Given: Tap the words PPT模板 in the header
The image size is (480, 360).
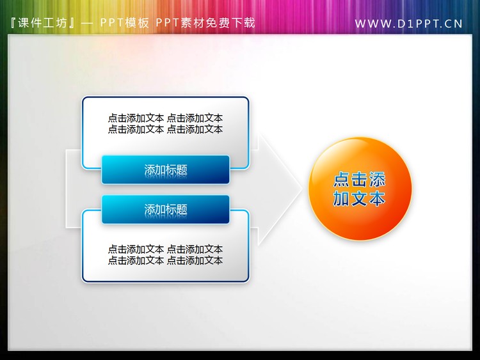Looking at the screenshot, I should pyautogui.click(x=125, y=23).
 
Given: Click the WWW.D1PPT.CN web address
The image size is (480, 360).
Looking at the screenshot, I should pyautogui.click(x=408, y=24).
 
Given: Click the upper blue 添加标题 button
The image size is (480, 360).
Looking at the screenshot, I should pyautogui.click(x=166, y=170).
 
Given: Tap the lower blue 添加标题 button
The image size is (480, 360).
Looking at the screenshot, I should pyautogui.click(x=166, y=209).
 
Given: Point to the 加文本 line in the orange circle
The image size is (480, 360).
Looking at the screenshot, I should pyautogui.click(x=360, y=198).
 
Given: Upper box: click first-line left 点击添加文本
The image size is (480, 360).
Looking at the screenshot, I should pyautogui.click(x=136, y=118).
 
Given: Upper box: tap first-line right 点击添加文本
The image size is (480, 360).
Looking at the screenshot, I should pyautogui.click(x=195, y=118).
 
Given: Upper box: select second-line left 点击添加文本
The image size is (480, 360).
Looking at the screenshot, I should pyautogui.click(x=136, y=129).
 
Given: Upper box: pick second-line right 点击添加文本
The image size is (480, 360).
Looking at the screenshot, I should pyautogui.click(x=195, y=129).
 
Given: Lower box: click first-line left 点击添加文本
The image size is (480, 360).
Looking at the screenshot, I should pyautogui.click(x=136, y=249).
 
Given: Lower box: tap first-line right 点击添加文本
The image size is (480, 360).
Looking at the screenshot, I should pyautogui.click(x=195, y=249).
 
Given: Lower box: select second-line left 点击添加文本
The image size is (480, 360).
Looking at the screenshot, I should pyautogui.click(x=136, y=260).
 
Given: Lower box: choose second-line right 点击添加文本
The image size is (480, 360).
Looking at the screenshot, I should pyautogui.click(x=195, y=260).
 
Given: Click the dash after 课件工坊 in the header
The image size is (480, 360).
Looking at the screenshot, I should pyautogui.click(x=88, y=23).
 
